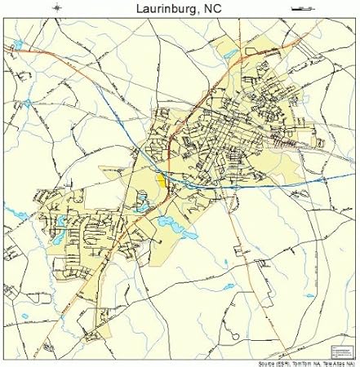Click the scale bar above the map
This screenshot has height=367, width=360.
tap(301, 8)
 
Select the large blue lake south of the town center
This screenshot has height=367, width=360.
tap(171, 222)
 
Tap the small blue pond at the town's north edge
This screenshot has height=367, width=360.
tap(229, 54)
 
